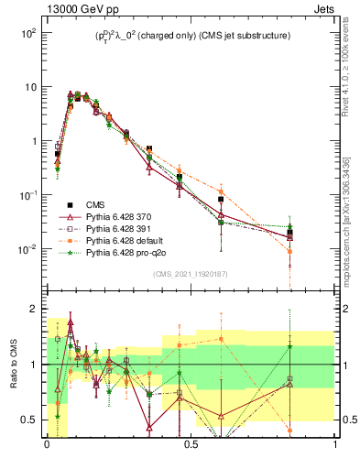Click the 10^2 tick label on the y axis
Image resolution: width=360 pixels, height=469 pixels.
27,33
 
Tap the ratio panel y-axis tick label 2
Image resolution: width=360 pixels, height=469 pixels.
34,309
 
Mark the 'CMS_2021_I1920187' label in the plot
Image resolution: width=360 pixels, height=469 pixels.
191,274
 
